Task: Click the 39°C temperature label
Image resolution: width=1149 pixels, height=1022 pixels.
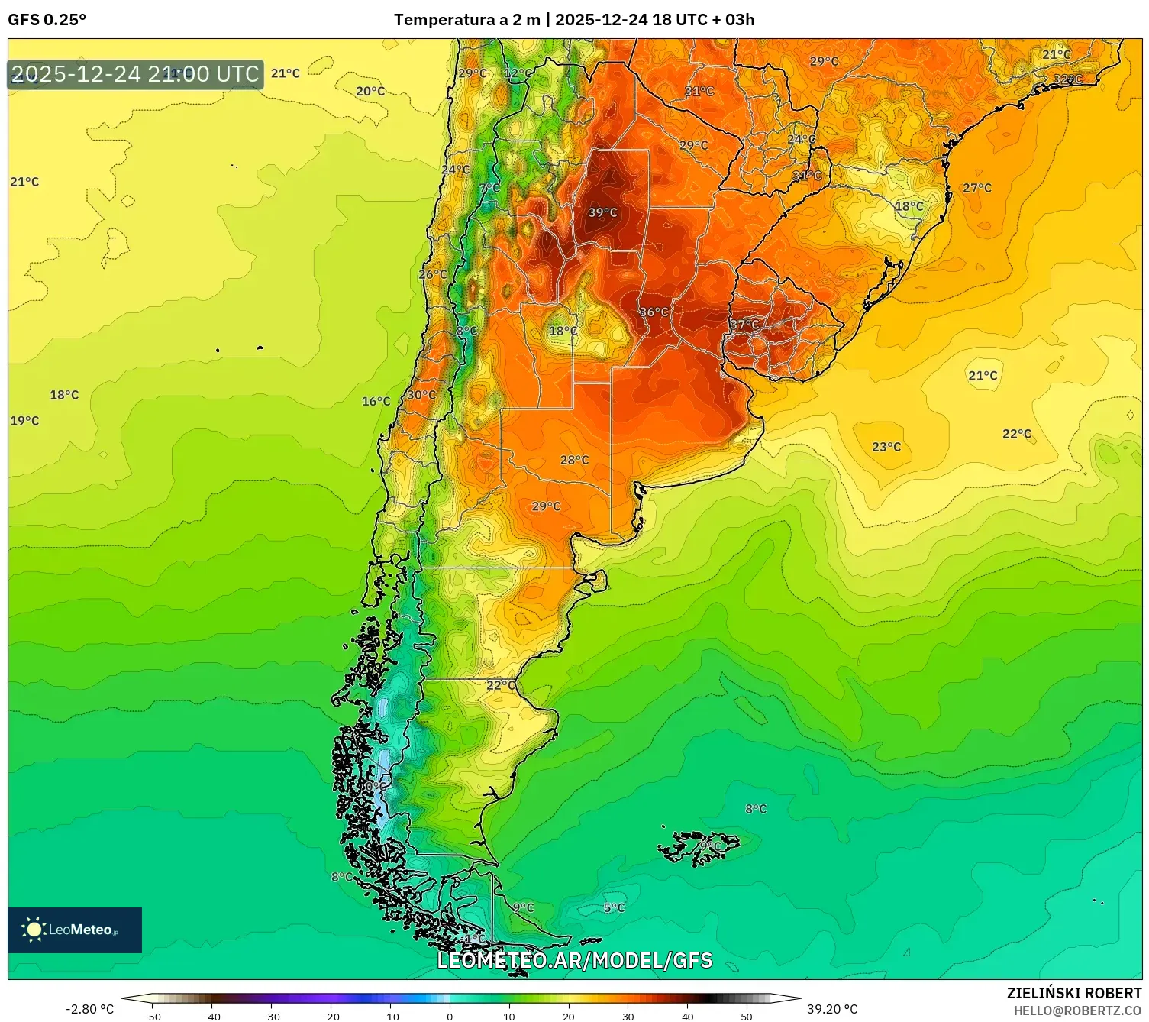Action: point(602,212)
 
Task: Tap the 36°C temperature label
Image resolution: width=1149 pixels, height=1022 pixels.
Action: point(654,312)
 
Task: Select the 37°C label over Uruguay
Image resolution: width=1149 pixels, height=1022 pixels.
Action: point(744,325)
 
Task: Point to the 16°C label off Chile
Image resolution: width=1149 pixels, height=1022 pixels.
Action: point(376,401)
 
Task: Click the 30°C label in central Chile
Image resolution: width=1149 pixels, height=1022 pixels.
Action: point(421,395)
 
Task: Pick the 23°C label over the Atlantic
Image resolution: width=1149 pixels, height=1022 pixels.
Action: point(886,447)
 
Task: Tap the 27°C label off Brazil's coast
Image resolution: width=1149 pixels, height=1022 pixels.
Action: point(977,188)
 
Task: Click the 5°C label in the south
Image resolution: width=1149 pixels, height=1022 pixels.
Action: point(614,907)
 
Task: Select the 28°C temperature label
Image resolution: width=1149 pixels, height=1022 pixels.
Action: point(574,460)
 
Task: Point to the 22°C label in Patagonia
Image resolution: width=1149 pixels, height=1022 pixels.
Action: point(501,685)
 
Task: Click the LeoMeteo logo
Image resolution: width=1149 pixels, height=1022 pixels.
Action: point(75,930)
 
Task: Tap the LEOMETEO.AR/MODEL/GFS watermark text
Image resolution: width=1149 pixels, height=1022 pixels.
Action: point(574,960)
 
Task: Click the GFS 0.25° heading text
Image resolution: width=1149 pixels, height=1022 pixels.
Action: point(47,20)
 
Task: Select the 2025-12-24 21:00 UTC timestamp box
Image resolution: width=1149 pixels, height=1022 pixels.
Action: point(135,74)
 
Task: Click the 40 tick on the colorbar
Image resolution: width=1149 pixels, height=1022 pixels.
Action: point(687,1016)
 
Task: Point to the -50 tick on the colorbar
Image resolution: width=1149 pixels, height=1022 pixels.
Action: point(152,1016)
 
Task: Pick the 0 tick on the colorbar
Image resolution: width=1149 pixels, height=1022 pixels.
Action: point(450,1016)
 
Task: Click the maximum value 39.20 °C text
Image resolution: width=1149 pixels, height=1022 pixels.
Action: point(832,1009)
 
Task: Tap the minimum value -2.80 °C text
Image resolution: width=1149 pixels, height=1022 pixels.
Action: point(90,1009)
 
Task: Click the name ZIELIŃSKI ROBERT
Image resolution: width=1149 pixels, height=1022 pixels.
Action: point(1074,993)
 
